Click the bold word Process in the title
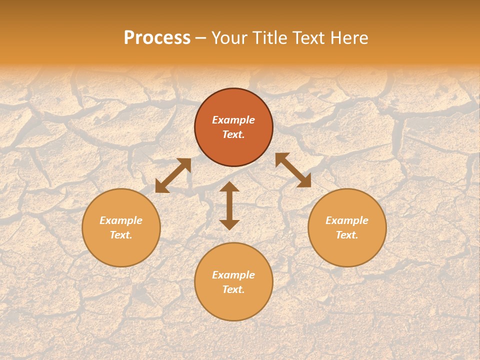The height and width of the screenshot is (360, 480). [x=157, y=38]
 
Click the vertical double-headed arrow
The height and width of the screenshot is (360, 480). [x=229, y=205]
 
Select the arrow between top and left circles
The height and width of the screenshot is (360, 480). [x=173, y=175]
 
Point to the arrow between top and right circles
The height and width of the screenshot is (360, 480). [x=293, y=170]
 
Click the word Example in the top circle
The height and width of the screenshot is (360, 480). [x=233, y=120]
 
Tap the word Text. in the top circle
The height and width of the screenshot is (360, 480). [x=233, y=134]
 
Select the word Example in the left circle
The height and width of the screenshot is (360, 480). [x=121, y=220]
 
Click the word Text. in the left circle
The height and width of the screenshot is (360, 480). [x=121, y=235]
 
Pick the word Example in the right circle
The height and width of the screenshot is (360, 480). [x=347, y=220]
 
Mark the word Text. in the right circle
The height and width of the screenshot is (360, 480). [x=347, y=235]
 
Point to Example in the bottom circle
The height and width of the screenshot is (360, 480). [x=233, y=275]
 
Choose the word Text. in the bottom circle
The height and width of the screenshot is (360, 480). [x=233, y=289]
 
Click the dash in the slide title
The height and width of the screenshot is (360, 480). [x=201, y=38]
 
